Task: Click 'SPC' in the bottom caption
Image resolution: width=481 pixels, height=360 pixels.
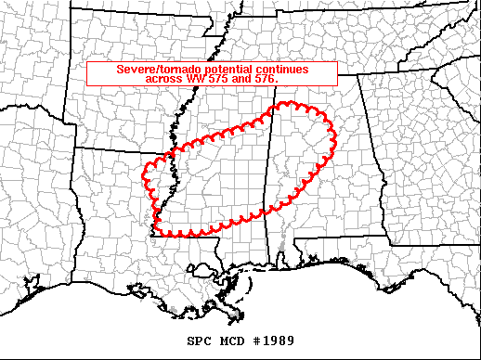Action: tap(198, 340)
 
